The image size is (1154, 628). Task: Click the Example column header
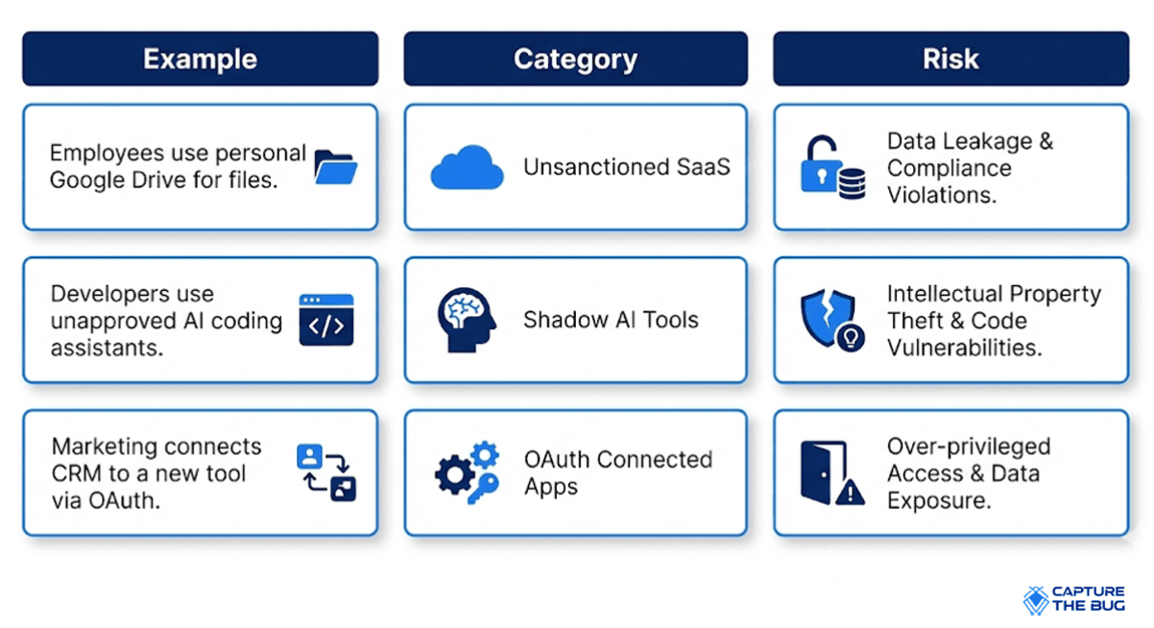(200, 59)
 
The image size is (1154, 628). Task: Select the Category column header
(575, 59)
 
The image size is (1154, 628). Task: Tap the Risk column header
(951, 59)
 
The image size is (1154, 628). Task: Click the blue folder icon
(335, 167)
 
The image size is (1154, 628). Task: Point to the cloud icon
(467, 167)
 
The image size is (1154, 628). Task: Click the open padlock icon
(821, 164)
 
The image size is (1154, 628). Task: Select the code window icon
(326, 320)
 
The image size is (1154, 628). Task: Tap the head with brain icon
(467, 320)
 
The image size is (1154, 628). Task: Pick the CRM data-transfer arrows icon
(326, 472)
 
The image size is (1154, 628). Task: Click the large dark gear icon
(454, 474)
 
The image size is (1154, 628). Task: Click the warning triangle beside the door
(850, 492)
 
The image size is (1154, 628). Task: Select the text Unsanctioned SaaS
(627, 167)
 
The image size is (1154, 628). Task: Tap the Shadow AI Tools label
(611, 320)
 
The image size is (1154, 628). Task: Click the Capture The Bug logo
(1073, 599)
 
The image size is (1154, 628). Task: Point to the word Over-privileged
(969, 447)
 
